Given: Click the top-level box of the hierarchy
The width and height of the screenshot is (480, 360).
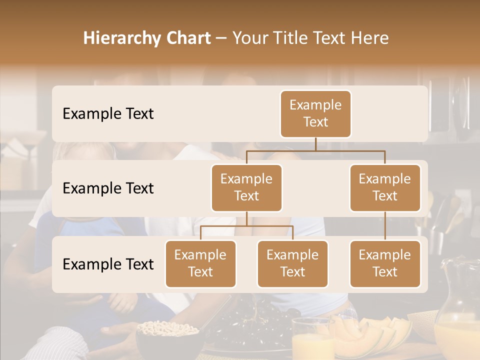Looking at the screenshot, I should point(315,114).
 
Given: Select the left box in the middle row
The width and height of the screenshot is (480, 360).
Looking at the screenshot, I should point(246,188).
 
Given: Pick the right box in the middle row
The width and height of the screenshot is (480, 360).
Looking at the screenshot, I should point(385,188).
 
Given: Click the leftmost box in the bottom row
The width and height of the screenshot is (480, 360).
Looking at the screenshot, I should point(200,264).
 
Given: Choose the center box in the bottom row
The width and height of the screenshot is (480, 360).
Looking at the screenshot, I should point(292,264).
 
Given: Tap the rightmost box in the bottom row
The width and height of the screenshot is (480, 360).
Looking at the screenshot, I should point(385,264).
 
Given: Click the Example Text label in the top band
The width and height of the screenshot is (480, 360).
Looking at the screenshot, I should point(108,114).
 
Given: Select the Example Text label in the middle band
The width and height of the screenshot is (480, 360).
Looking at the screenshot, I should point(108,188).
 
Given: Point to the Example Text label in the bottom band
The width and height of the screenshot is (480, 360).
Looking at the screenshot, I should point(108,264).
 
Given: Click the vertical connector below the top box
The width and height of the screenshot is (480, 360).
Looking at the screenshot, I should point(315,144).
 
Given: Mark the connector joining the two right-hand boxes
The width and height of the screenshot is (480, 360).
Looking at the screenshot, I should point(385,226).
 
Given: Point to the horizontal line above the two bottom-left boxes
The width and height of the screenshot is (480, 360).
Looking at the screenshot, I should point(246,226).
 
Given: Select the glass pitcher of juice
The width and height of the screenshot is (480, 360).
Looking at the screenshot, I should point(457,315).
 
